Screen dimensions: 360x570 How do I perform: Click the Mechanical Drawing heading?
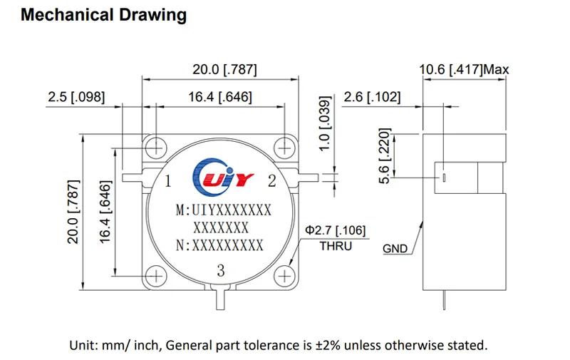pos(104,15)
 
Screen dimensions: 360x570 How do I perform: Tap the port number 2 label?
pos(271,181)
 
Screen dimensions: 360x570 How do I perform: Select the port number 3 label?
pos(220,270)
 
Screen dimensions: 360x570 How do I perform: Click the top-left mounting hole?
pos(156,148)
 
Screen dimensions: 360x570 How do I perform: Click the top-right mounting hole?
pos(285,148)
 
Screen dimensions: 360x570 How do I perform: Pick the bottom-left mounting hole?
pos(156,277)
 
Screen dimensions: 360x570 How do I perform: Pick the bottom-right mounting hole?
pos(285,277)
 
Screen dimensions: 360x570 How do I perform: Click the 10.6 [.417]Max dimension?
pos(464,70)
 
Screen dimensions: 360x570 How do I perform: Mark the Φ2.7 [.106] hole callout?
pos(336,230)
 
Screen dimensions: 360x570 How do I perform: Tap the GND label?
pos(395,249)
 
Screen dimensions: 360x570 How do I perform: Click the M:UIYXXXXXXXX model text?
pos(223,210)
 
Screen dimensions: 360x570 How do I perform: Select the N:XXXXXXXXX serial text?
pos(219,245)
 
